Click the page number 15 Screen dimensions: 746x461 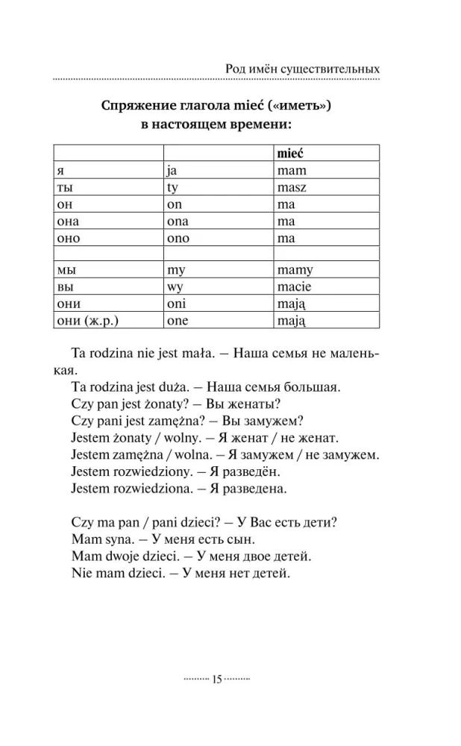click(217, 679)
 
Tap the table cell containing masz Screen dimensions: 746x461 click(292, 187)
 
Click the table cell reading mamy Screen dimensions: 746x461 click(295, 270)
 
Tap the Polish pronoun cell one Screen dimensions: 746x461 click(178, 321)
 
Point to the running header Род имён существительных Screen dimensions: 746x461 click(301, 69)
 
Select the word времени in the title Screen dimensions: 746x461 click(258, 125)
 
